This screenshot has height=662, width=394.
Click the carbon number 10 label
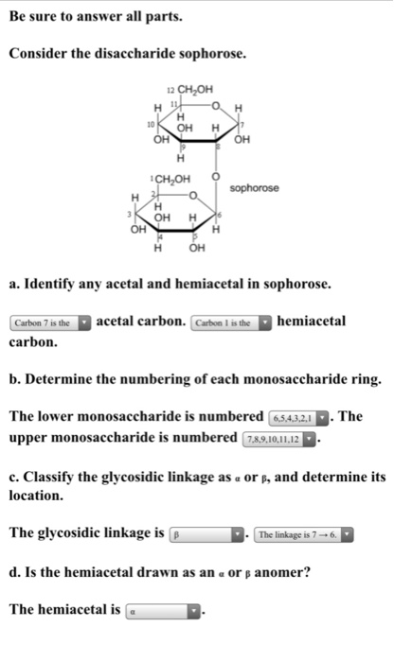point(149,123)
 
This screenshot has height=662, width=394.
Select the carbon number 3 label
point(134,216)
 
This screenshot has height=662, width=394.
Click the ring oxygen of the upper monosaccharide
point(217,103)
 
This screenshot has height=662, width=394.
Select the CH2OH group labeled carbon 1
point(174,178)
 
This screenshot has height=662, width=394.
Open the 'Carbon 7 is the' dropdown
point(50,322)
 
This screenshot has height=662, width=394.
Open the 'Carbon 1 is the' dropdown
point(231,322)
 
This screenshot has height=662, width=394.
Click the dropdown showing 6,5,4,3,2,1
point(298,417)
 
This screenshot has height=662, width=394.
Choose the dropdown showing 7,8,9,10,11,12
point(283,438)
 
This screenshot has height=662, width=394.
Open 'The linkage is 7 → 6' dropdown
point(303,533)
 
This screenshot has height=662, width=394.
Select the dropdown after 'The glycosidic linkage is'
point(207,533)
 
